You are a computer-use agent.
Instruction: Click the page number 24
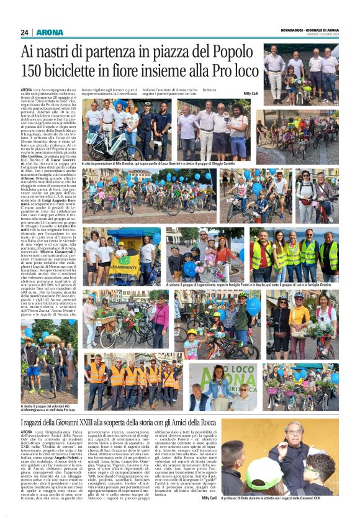point(25,32)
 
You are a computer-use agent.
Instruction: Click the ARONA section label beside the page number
point(50,32)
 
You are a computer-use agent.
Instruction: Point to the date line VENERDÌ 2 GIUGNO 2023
point(318,34)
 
